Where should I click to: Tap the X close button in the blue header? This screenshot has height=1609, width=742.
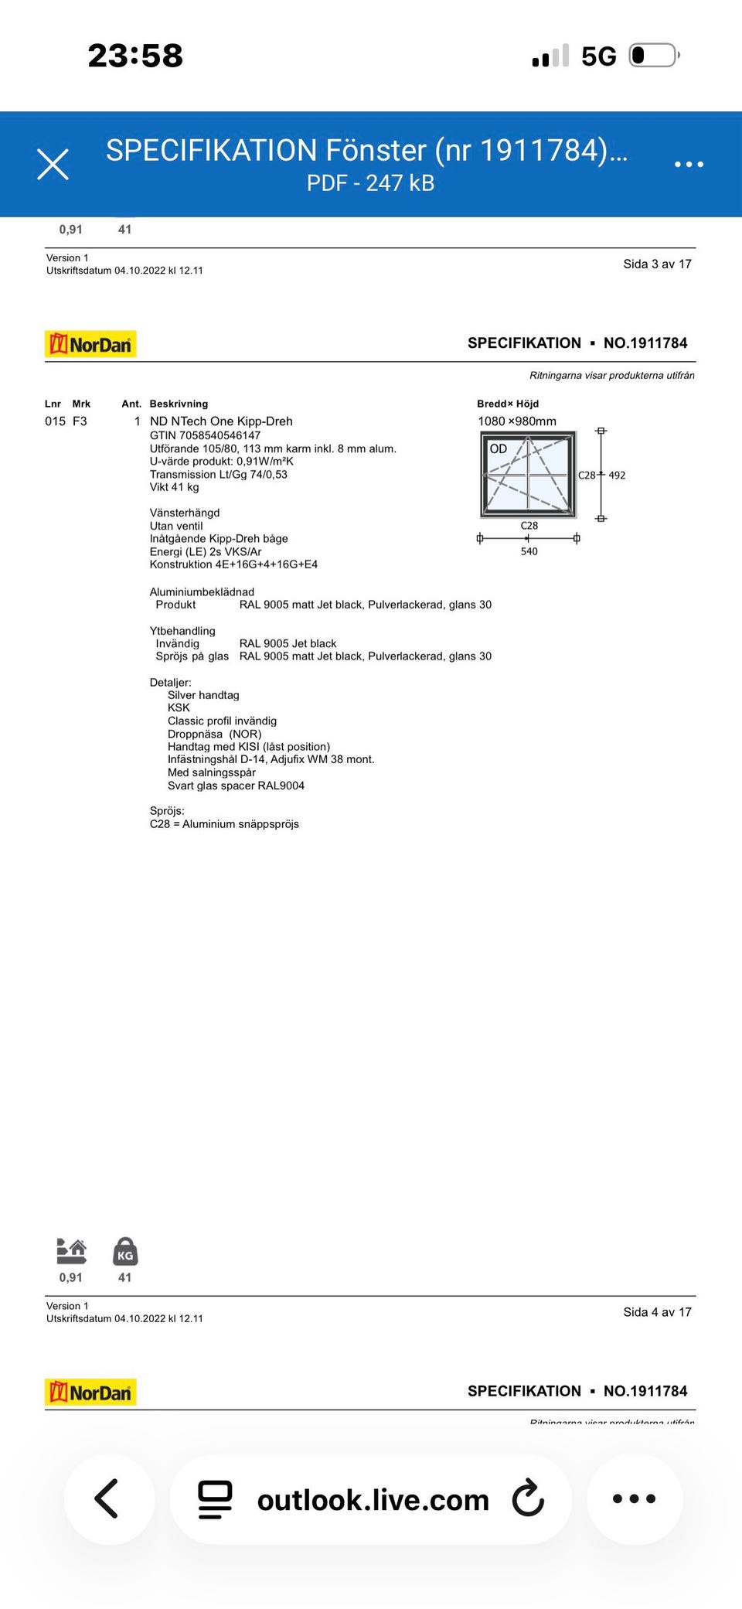point(53,164)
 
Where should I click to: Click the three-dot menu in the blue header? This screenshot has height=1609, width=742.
point(689,164)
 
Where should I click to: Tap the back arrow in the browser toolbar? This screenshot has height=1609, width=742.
point(107,1498)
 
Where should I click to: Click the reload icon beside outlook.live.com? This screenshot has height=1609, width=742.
point(529,1498)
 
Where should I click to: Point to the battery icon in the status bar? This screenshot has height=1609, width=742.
point(654,56)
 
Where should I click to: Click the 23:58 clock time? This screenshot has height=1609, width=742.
point(135,56)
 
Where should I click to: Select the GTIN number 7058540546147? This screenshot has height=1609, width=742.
point(205,435)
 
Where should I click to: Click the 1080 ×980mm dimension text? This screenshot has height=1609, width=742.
point(517,421)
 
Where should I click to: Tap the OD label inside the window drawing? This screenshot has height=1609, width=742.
point(499,448)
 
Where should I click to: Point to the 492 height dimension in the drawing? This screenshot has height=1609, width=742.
point(617,476)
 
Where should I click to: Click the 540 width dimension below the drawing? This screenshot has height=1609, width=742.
point(529,551)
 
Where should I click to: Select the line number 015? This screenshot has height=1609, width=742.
point(55,421)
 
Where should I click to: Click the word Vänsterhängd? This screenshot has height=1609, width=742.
point(185,513)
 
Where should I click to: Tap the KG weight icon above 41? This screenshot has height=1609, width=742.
point(125,1250)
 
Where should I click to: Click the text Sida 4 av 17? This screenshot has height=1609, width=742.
point(657,1312)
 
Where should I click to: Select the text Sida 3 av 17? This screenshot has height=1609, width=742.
point(657,264)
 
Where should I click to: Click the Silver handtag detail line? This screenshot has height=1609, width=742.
point(203,695)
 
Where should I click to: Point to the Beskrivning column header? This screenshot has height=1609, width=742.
point(179,404)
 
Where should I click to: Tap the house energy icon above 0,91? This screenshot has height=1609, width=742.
point(71,1250)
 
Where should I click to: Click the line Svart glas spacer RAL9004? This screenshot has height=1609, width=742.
point(236,786)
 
